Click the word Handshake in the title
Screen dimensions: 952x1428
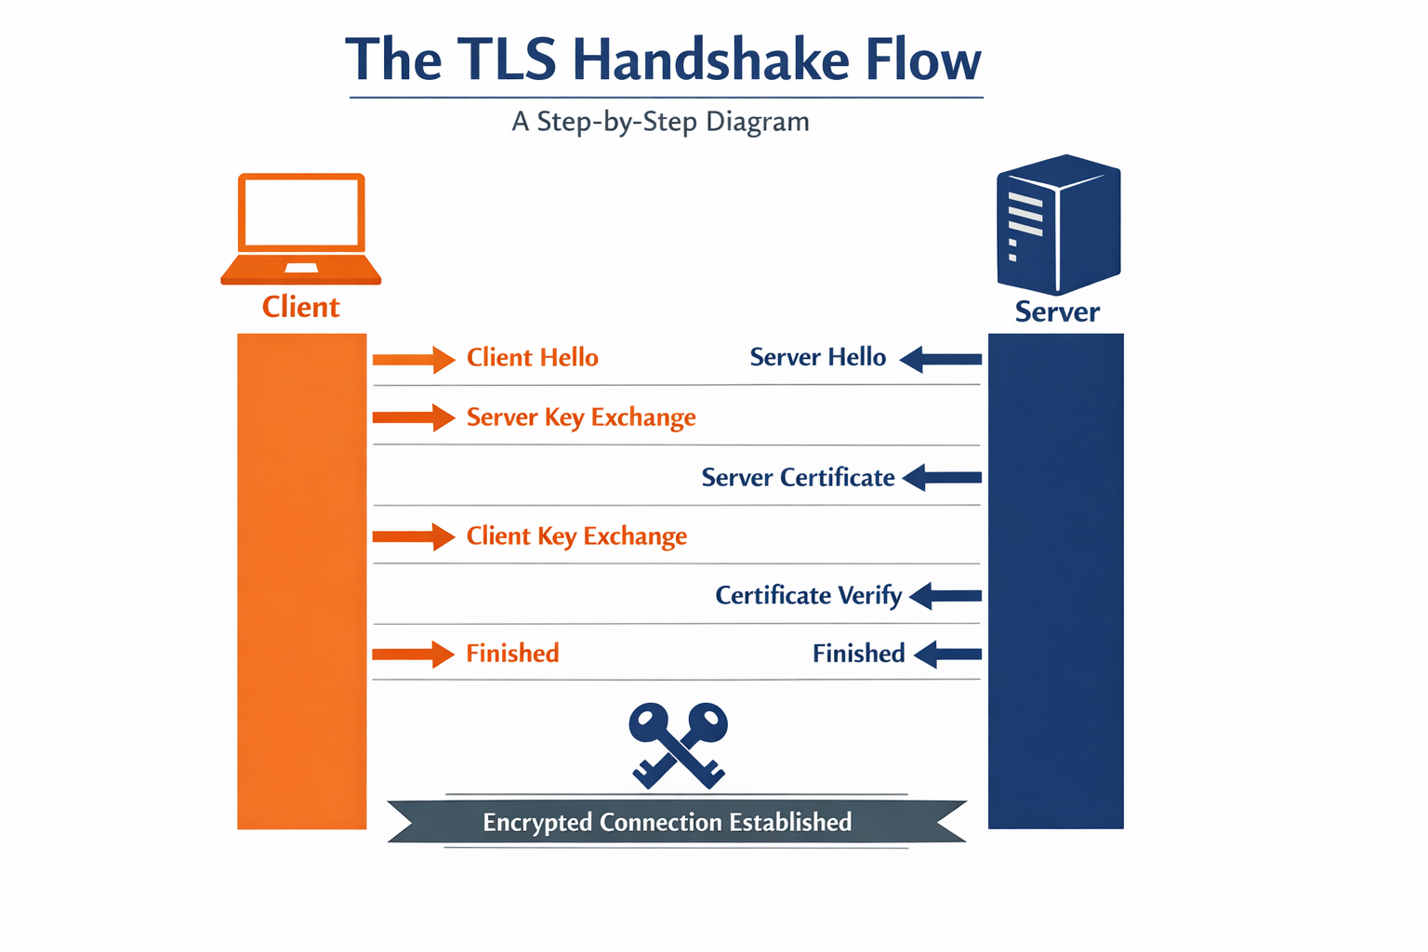pos(710,60)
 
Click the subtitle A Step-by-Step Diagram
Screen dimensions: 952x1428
pos(660,122)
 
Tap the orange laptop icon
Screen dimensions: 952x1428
pos(301,228)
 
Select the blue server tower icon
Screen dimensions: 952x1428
pos(1058,224)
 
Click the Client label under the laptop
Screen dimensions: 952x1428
pos(300,307)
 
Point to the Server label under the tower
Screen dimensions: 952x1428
pos(1057,311)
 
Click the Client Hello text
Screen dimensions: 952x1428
pos(532,358)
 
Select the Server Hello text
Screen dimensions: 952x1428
pos(817,358)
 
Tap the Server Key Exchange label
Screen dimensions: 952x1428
pos(581,417)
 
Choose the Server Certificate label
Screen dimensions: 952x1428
pos(798,478)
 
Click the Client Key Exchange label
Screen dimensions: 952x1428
pos(576,536)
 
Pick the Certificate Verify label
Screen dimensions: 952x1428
pos(808,595)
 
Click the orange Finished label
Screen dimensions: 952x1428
pos(512,654)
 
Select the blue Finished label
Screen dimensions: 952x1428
pos(858,654)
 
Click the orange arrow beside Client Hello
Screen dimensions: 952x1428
pos(413,359)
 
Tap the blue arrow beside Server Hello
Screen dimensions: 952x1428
pos(941,359)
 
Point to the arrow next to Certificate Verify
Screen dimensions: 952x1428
pos(945,596)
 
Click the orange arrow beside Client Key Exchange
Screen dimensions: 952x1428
pos(413,536)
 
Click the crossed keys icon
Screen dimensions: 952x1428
pos(678,745)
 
